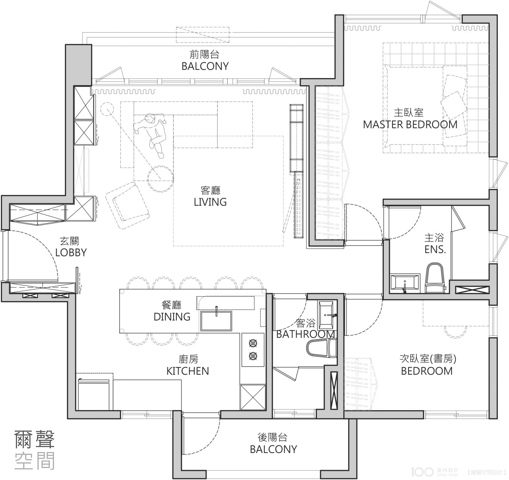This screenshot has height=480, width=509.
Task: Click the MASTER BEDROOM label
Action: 410,125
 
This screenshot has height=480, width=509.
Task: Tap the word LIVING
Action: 210,202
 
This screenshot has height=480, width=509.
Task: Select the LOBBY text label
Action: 71,253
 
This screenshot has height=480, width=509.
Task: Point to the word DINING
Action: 172,317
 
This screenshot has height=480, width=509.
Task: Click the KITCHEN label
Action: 188,371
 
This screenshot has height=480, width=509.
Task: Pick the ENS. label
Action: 435,250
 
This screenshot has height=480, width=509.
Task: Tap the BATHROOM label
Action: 305,334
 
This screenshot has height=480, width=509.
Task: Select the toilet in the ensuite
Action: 435,278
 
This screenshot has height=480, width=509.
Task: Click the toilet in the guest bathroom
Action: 321,348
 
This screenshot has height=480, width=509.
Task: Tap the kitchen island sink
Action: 216,321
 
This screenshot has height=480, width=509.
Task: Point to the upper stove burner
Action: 253,343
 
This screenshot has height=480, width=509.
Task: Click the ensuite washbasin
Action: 405,283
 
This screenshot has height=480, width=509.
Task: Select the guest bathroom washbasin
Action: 325,315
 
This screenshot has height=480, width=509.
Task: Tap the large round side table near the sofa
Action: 161,179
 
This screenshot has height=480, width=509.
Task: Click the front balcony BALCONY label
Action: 205,66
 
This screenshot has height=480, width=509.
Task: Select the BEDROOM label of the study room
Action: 427,371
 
